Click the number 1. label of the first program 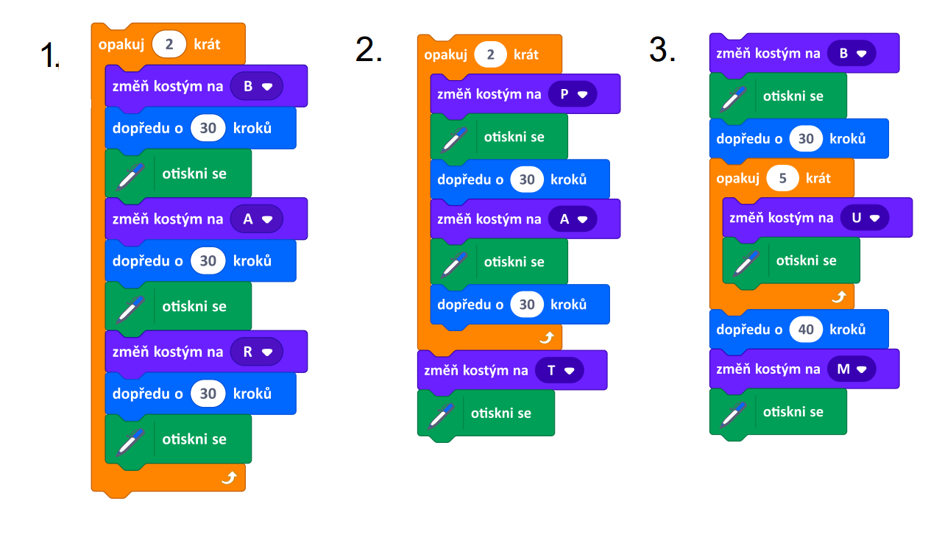click(49, 55)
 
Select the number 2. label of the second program click(369, 49)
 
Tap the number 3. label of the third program click(662, 49)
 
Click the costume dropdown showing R click(257, 352)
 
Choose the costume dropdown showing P click(573, 94)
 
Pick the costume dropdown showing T click(559, 370)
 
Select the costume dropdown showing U click(865, 218)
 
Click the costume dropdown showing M click(851, 369)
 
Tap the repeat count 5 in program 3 click(782, 178)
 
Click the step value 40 click(806, 329)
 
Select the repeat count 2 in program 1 click(169, 44)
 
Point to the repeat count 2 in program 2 click(490, 54)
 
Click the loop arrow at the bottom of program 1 click(229, 478)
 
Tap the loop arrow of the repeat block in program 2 click(547, 337)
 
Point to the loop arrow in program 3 click(839, 297)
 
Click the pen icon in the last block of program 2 click(441, 416)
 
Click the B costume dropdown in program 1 click(257, 87)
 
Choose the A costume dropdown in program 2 click(573, 219)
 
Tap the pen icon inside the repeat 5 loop click(746, 263)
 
